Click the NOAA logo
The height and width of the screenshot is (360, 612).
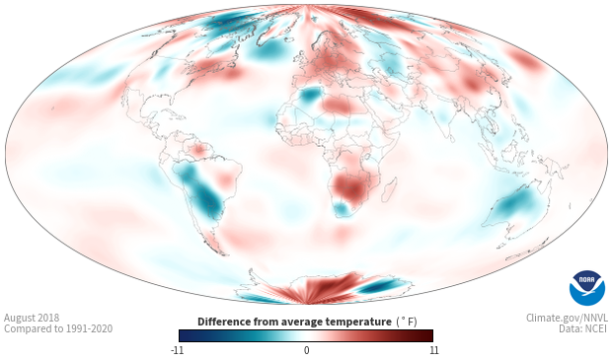(x=587, y=288)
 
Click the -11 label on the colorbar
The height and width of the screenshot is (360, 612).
(x=177, y=350)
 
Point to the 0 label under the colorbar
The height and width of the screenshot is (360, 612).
(x=306, y=350)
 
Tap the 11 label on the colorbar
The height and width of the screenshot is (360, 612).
(x=433, y=350)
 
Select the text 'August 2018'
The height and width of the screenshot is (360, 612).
(x=32, y=318)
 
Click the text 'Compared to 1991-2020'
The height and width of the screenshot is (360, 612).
(x=58, y=328)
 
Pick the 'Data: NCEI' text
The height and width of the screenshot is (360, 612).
(x=583, y=328)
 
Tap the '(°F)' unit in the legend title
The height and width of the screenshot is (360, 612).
(x=407, y=322)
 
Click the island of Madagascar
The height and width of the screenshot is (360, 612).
(x=389, y=189)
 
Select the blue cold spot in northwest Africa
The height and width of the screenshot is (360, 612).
(x=311, y=95)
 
